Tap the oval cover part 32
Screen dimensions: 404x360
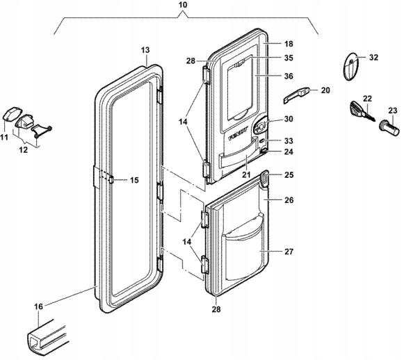[350, 67]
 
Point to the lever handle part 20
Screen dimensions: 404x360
[296, 95]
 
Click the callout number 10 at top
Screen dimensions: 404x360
[182, 5]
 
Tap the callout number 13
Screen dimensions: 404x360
[145, 50]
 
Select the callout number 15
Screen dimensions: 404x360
[134, 180]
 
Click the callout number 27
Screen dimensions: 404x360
[289, 252]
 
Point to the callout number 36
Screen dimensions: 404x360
[289, 76]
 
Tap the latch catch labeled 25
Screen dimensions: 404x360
[264, 179]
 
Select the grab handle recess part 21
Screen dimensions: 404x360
[238, 157]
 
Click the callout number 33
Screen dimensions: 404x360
[289, 141]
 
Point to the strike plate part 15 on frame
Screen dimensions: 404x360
[111, 179]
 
